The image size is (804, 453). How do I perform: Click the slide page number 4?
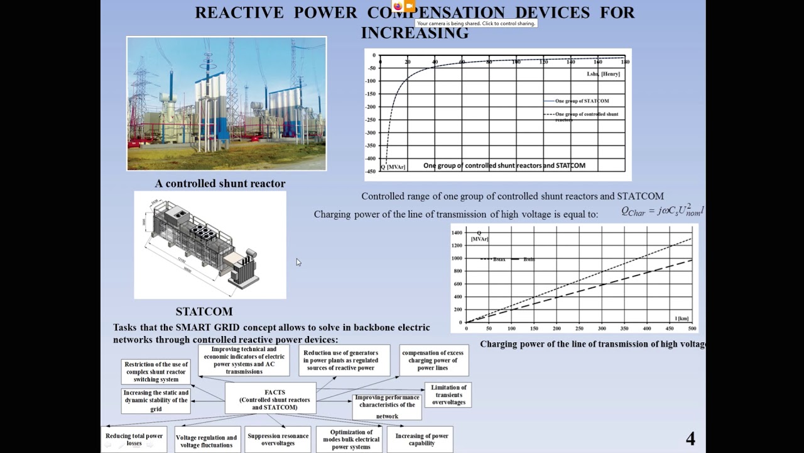[x=690, y=439]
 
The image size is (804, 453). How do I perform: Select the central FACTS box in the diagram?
[x=271, y=400]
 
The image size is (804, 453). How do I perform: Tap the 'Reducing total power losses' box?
[x=134, y=439]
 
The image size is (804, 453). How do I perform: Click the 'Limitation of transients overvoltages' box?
[x=448, y=395]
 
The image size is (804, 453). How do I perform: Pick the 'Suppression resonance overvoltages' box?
[x=278, y=439]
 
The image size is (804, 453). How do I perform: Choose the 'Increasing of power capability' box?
[x=421, y=439]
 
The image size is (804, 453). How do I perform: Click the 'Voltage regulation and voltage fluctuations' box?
[x=207, y=441]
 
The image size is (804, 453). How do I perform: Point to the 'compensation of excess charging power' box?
[x=433, y=361]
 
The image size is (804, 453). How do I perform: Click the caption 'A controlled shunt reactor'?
[x=220, y=184]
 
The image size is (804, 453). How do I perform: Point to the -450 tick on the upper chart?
[x=372, y=159]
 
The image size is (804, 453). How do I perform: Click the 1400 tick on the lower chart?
[x=456, y=233]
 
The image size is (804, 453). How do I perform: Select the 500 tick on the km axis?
[x=692, y=328]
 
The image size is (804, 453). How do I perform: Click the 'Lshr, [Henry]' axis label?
[x=603, y=74]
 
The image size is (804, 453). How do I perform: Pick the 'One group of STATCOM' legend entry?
[x=581, y=101]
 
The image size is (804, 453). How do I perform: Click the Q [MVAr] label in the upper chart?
[x=393, y=167]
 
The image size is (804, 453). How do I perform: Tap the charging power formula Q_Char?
[x=662, y=211]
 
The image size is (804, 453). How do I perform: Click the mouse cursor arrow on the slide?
[x=298, y=262]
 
